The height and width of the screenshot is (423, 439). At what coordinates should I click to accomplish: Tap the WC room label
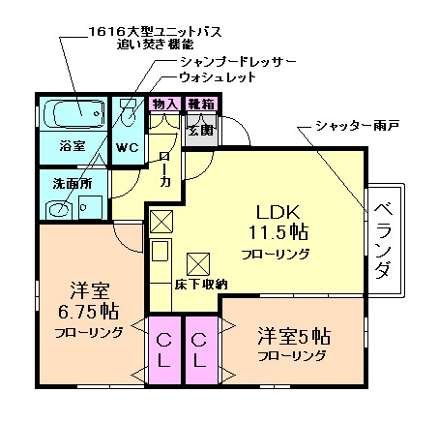pos(128,148)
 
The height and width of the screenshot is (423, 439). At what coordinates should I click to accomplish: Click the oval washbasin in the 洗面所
pos(60,206)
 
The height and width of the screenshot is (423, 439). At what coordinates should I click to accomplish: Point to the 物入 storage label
pos(163,104)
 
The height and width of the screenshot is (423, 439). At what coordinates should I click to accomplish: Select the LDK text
pos(279,212)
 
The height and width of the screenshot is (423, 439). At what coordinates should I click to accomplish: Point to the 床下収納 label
pos(200,285)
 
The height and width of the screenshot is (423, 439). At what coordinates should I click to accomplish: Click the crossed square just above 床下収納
pos(197,261)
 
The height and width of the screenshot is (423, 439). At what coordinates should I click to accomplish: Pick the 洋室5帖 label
pos(293,337)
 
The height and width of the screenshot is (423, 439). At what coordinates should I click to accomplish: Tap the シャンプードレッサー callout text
pos(237,61)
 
